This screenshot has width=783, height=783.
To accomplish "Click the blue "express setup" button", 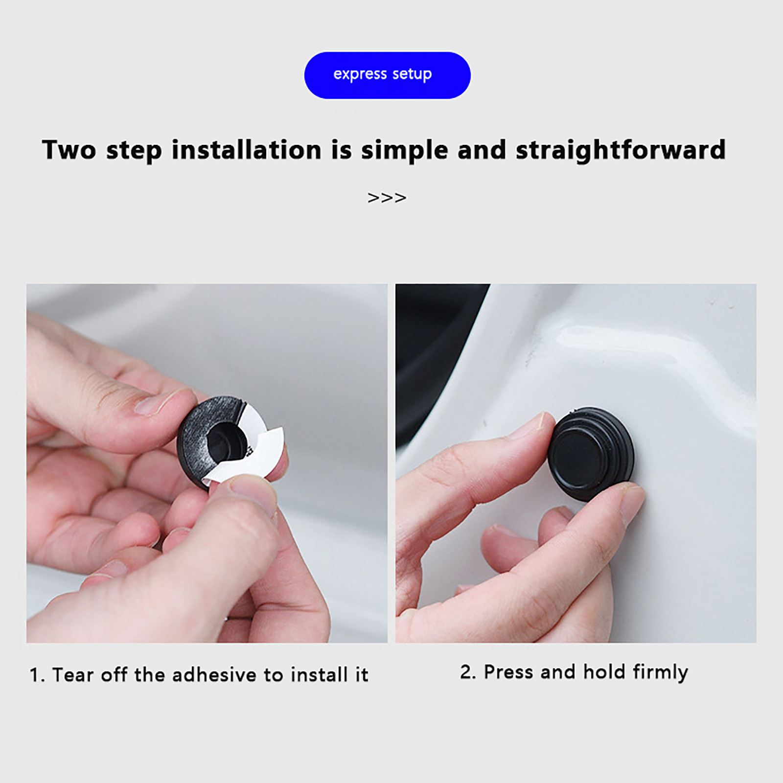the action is click(x=387, y=75).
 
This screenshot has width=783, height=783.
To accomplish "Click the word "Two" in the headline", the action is click(x=69, y=149).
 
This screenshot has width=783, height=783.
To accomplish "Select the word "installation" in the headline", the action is click(x=246, y=149).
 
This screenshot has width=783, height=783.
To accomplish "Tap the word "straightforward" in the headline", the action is click(x=621, y=149).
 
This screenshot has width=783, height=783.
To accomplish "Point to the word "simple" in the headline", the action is click(x=404, y=150).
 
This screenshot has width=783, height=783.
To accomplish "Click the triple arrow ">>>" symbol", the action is click(x=387, y=198).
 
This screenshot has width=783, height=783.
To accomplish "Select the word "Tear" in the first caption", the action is click(x=72, y=674).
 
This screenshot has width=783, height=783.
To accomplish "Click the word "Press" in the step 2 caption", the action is click(x=509, y=672).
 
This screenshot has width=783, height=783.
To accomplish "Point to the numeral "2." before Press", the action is click(x=468, y=672).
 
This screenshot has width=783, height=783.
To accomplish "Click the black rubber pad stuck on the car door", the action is click(x=590, y=454).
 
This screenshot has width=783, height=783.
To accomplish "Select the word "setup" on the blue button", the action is click(x=412, y=74).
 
